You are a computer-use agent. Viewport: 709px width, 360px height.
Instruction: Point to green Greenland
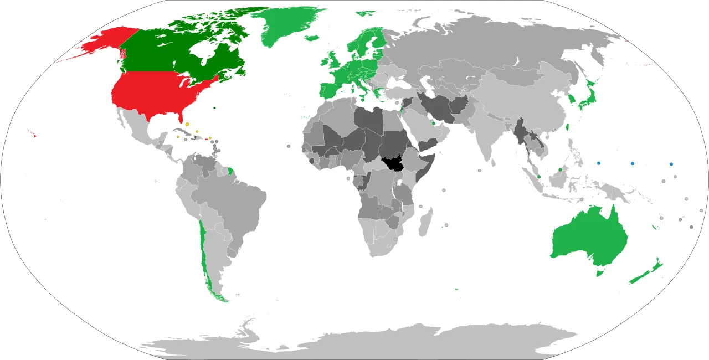(x=288, y=25)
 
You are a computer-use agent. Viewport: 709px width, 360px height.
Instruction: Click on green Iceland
(x=312, y=38)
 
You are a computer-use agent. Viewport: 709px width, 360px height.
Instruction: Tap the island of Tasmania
(x=598, y=272)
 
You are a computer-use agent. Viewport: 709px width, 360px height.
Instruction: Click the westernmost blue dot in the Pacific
(x=599, y=163)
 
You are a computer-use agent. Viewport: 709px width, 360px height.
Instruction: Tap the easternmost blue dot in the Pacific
(x=671, y=164)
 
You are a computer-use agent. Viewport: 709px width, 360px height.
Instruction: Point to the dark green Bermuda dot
(x=214, y=107)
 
